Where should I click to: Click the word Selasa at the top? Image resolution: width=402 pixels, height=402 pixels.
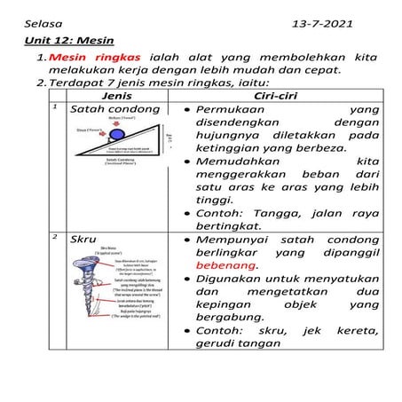42,20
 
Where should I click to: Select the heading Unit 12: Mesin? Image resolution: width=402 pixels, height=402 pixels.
63,40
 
